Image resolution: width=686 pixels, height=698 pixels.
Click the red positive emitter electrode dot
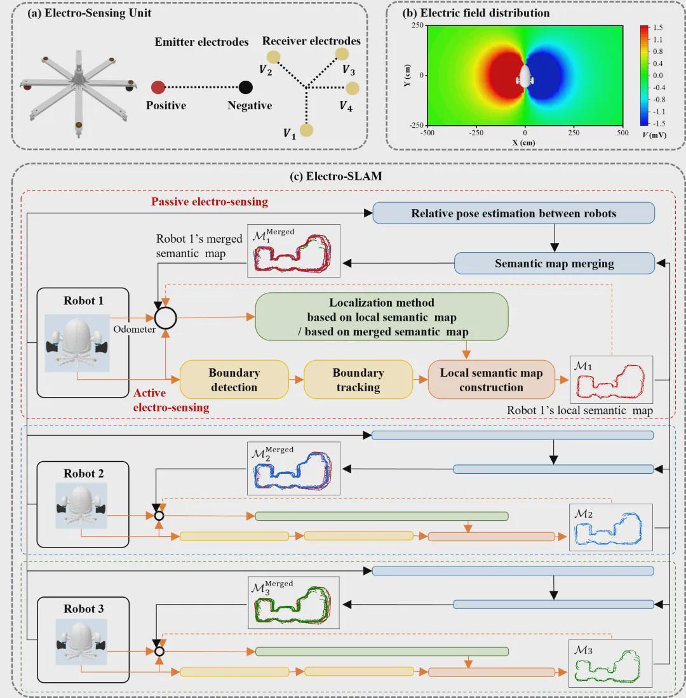tap(158, 88)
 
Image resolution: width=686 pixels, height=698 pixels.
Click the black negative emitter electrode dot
tap(246, 88)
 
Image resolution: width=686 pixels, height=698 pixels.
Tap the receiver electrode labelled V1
tap(306, 130)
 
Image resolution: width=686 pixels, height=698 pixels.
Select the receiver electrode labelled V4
tap(353, 88)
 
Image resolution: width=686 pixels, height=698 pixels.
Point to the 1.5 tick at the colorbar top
tap(657, 28)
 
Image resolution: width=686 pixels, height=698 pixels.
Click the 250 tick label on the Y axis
tap(417, 25)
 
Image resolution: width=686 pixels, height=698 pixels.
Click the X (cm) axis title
tap(524, 143)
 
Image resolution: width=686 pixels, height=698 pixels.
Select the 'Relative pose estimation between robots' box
tap(513, 213)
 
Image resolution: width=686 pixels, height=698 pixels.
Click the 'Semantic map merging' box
tap(554, 263)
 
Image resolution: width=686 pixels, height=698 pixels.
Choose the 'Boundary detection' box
tap(234, 380)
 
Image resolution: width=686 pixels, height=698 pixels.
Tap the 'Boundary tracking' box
tap(358, 380)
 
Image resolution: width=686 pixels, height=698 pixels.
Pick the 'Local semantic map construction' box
tap(491, 380)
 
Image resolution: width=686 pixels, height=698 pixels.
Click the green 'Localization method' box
tap(381, 317)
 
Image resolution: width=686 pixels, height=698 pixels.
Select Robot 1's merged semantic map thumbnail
tap(293, 251)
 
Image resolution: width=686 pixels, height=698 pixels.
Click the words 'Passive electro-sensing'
tap(210, 202)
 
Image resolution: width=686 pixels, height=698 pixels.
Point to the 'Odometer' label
tap(135, 330)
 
